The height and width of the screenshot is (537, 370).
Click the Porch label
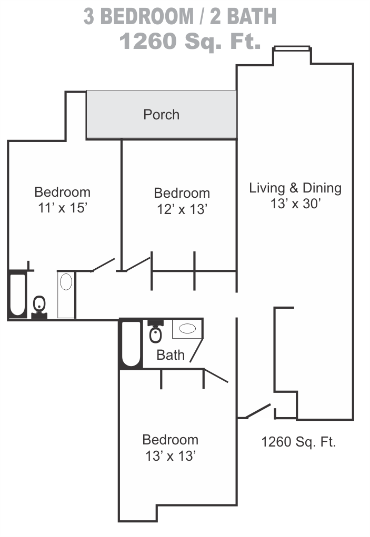click(x=161, y=115)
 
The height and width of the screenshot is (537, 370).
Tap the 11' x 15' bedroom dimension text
click(x=63, y=208)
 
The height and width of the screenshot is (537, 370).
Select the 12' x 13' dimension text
click(x=182, y=209)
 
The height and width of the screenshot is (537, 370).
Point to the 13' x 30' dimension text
click(x=295, y=204)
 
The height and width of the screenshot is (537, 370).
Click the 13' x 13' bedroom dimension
click(x=171, y=456)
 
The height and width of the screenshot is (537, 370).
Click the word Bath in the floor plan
click(x=171, y=355)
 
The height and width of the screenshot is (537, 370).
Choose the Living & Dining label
click(x=295, y=188)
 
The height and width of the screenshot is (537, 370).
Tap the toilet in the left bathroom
click(x=39, y=307)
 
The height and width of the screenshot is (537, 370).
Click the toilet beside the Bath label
click(x=156, y=331)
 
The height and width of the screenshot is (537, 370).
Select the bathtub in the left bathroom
click(x=17, y=295)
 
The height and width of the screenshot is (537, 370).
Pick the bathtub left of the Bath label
click(x=131, y=344)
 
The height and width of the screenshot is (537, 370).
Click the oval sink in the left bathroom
click(x=66, y=282)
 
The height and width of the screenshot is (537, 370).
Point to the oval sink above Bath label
click(x=187, y=328)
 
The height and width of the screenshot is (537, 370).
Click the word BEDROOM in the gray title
click(x=147, y=16)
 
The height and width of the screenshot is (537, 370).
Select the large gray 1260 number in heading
click(x=148, y=41)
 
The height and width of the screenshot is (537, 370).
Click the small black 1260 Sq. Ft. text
click(x=298, y=442)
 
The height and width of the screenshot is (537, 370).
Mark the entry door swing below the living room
click(x=258, y=411)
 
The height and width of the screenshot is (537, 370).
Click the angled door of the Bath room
click(x=196, y=350)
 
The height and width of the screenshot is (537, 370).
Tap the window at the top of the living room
click(x=292, y=48)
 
